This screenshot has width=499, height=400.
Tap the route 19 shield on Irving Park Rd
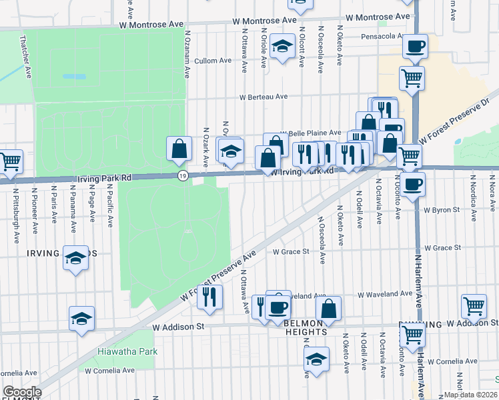tap(182, 175)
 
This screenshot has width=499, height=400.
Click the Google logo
tap(22, 392)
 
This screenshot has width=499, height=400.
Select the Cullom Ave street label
tap(213, 60)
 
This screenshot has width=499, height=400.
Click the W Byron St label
tap(442, 209)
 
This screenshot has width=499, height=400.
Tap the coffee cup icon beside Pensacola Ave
tap(415, 47)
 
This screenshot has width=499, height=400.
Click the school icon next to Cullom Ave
tap(282, 47)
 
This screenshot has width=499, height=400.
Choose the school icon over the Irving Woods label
tap(75, 258)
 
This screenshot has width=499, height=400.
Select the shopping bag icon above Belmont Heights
tap(328, 309)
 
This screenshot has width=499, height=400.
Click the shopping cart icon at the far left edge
tap(9, 162)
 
